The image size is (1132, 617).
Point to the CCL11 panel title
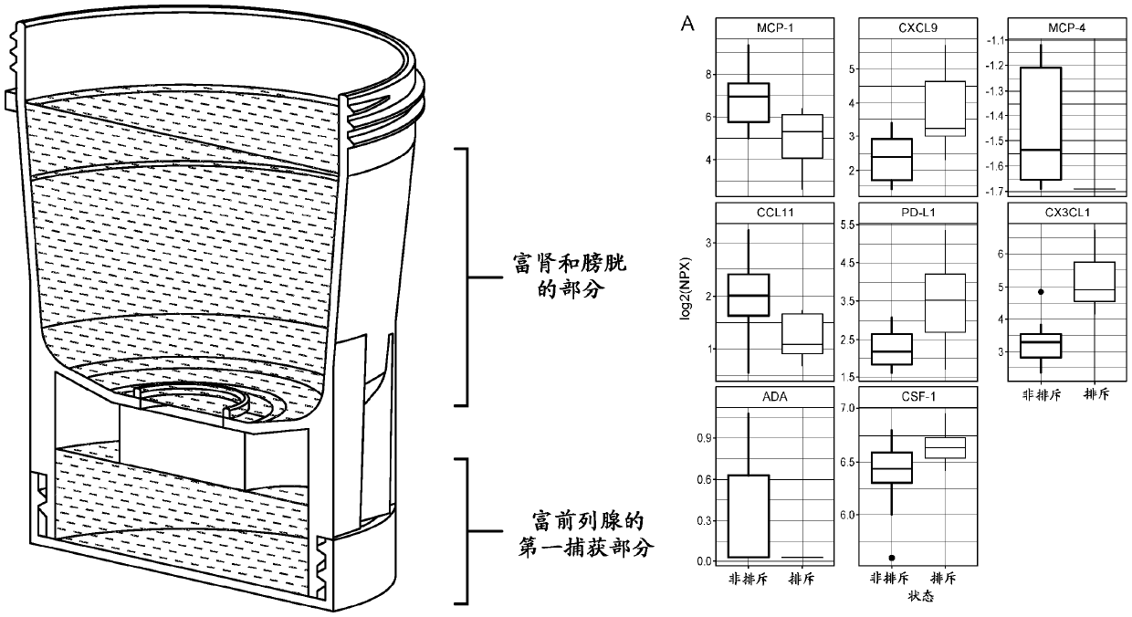(774, 213)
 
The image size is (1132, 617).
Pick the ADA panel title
(774, 397)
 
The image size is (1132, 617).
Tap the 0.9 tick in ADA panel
(703, 438)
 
